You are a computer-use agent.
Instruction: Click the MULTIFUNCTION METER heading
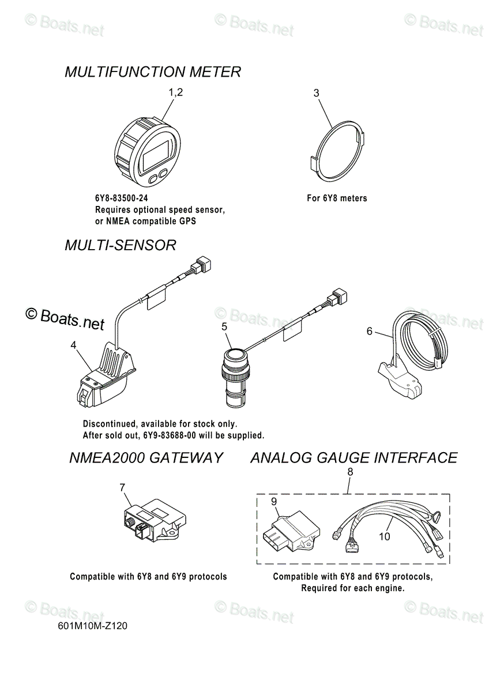pyautogui.click(x=153, y=72)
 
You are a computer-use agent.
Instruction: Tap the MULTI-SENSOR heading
pyautogui.click(x=120, y=245)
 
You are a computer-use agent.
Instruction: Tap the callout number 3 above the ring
pyautogui.click(x=316, y=93)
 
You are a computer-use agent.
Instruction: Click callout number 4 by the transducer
pyautogui.click(x=73, y=345)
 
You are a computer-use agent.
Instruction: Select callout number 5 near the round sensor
pyautogui.click(x=224, y=326)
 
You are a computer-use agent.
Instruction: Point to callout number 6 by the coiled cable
pyautogui.click(x=370, y=331)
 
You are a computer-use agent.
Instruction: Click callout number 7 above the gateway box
pyautogui.click(x=122, y=487)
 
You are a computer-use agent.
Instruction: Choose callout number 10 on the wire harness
pyautogui.click(x=385, y=537)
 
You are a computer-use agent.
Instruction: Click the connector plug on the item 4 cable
pyautogui.click(x=203, y=264)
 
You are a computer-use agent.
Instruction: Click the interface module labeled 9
pyautogui.click(x=291, y=530)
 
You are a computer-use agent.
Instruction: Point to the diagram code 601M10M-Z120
pyautogui.click(x=92, y=626)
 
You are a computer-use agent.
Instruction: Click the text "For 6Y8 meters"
pyautogui.click(x=337, y=198)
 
